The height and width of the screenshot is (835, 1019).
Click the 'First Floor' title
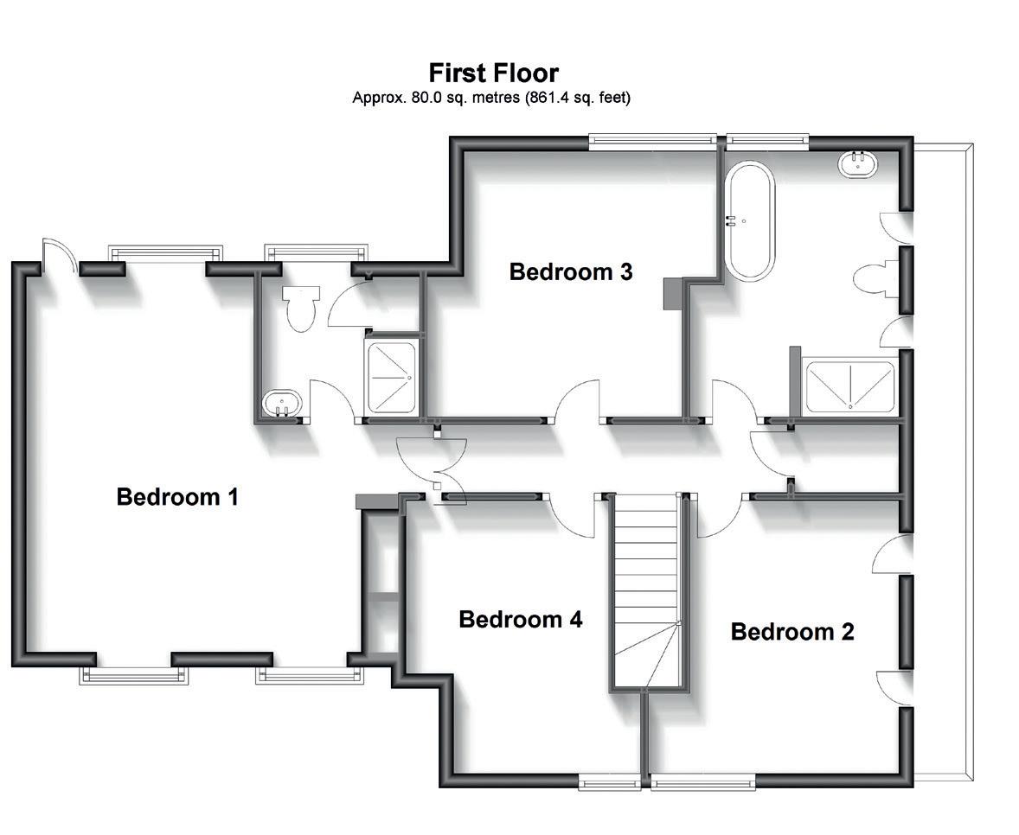point(493,73)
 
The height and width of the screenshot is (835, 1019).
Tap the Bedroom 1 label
point(177,497)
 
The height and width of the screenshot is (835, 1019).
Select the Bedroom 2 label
point(792,631)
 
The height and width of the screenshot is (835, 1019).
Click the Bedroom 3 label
point(571,271)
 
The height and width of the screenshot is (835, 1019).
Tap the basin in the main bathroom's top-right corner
point(857,164)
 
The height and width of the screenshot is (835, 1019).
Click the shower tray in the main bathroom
point(849,386)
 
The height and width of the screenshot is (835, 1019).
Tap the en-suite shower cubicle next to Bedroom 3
point(393,377)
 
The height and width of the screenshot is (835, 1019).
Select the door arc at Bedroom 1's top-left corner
point(55,254)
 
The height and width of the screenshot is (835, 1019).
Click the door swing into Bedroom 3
point(578,401)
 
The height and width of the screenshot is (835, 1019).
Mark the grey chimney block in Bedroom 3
point(672,294)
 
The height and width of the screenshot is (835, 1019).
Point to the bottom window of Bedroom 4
point(610,783)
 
